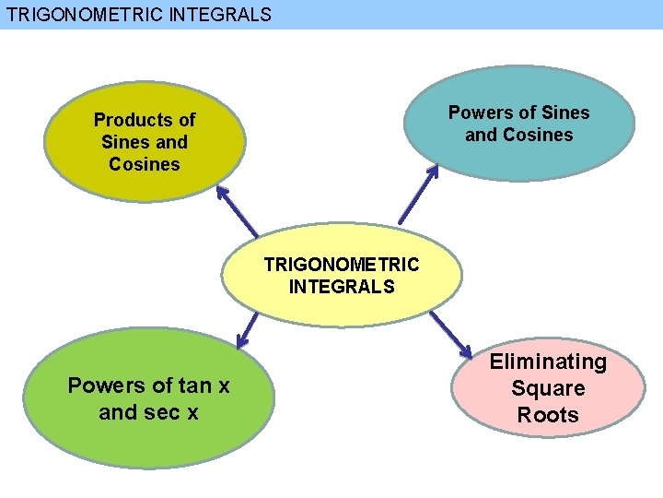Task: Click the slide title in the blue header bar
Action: point(139,15)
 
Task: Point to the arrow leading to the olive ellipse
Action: point(237,211)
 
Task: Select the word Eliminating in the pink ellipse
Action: point(548,362)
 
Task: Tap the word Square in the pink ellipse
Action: point(548,388)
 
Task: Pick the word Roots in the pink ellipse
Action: point(548,415)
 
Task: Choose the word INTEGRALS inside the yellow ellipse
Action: point(342,287)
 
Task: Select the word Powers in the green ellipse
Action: point(104,385)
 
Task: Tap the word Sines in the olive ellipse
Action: point(125,142)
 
